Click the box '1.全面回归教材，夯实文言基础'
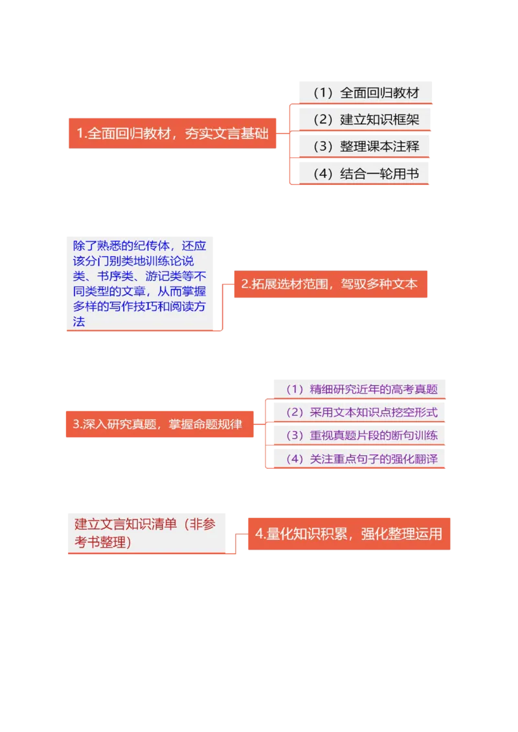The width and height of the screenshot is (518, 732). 172,134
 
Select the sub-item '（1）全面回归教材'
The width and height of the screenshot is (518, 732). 365,92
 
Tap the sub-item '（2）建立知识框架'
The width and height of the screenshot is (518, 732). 365,120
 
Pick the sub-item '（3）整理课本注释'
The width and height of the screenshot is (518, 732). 365,147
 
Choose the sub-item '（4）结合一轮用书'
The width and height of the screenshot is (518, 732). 365,173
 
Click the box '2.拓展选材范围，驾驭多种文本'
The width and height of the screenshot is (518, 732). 330,284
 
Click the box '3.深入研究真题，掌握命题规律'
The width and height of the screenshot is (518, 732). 159,424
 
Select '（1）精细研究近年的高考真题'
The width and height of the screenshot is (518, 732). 360,389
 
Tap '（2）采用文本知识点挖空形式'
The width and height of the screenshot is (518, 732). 360,412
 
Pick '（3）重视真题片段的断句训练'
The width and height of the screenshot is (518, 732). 360,435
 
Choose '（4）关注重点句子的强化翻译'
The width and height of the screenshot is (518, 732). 360,458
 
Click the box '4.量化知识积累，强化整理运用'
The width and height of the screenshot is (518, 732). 348,533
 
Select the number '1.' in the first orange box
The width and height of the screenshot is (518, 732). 81,134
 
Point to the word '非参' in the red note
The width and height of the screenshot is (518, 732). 200,525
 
